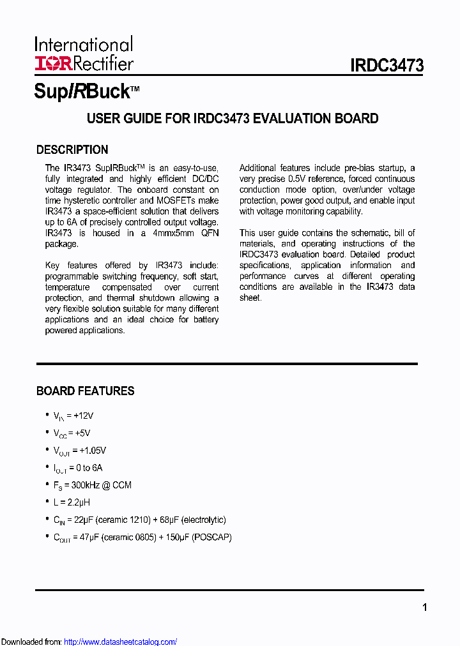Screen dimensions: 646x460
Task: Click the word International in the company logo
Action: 84,45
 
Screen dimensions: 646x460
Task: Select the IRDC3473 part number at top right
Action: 387,66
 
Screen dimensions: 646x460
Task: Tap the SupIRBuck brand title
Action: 82,91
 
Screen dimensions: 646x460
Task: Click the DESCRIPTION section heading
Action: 72,150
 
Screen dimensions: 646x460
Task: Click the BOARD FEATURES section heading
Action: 85,391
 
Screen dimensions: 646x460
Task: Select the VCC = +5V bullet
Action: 71,433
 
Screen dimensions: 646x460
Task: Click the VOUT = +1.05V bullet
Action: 79,450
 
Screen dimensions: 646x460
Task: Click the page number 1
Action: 424,608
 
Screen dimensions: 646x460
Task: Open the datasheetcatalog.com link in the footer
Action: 121,642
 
